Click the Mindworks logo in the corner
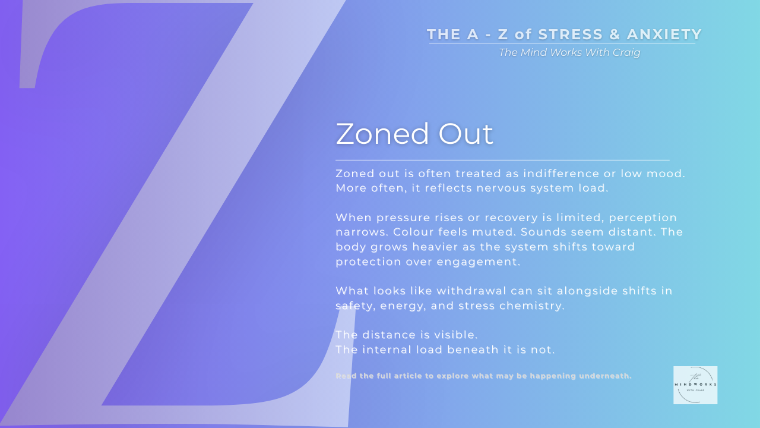coord(695,385)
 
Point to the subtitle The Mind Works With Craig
coord(569,52)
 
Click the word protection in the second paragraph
coord(368,262)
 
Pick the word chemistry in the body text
coord(533,306)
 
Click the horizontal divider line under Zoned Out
coord(502,160)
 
